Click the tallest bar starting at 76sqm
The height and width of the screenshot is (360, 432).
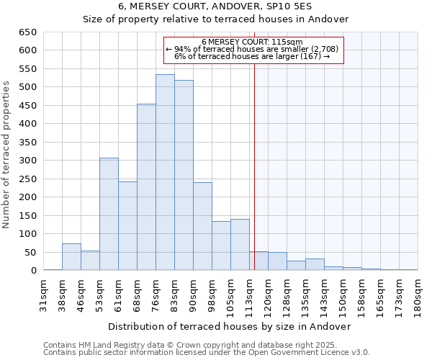(x=165, y=173)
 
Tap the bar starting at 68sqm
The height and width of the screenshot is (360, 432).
(x=146, y=187)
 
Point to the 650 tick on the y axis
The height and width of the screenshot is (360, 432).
(x=29, y=32)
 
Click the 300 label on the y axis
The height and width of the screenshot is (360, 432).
(x=29, y=161)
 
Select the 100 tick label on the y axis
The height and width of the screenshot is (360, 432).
(x=29, y=234)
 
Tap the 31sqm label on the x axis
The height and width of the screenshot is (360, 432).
(x=44, y=294)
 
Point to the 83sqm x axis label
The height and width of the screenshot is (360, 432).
(x=175, y=294)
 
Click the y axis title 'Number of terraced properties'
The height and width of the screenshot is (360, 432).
(x=8, y=155)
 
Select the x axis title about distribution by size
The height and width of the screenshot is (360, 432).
(x=230, y=326)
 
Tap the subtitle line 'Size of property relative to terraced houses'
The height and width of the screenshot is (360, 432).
(x=216, y=19)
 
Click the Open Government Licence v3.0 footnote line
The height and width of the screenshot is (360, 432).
(x=207, y=352)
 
